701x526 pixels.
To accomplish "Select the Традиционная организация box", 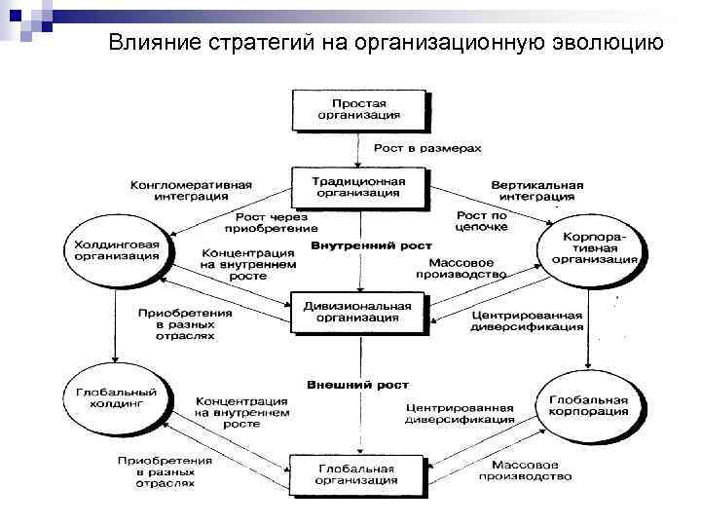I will coord(359,186).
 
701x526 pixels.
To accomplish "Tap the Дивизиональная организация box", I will coord(358,312).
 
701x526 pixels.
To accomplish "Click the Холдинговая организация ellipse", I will coord(115,248).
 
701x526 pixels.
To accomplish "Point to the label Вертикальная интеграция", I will coord(537,189).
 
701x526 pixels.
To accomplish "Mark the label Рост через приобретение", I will coord(265,222).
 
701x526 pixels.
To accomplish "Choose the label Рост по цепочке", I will coord(484,220).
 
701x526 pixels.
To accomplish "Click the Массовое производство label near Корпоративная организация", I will coord(461,269).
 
